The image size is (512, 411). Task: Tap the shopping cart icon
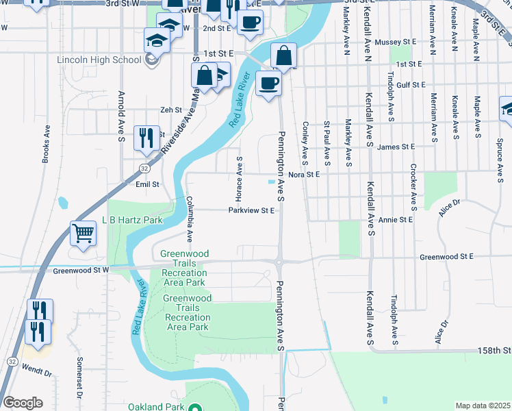[x=83, y=234]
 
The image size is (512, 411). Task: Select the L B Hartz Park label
[x=132, y=221]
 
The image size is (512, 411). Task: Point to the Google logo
[x=23, y=403]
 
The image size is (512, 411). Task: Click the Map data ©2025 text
[x=483, y=406]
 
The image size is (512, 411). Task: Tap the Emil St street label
[x=147, y=184]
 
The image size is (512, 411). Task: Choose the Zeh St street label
[x=170, y=110]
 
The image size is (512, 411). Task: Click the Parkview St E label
[x=252, y=210]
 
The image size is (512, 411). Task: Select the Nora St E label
[x=305, y=174]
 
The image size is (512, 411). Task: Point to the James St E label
[x=396, y=147]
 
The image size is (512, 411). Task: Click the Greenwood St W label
[x=81, y=271]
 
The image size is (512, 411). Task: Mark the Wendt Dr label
[x=37, y=374]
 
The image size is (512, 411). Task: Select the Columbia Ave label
[x=190, y=219]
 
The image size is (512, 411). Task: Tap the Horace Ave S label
[x=240, y=174]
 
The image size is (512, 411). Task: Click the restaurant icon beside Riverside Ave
[x=146, y=138]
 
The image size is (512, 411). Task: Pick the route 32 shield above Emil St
[x=144, y=168]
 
